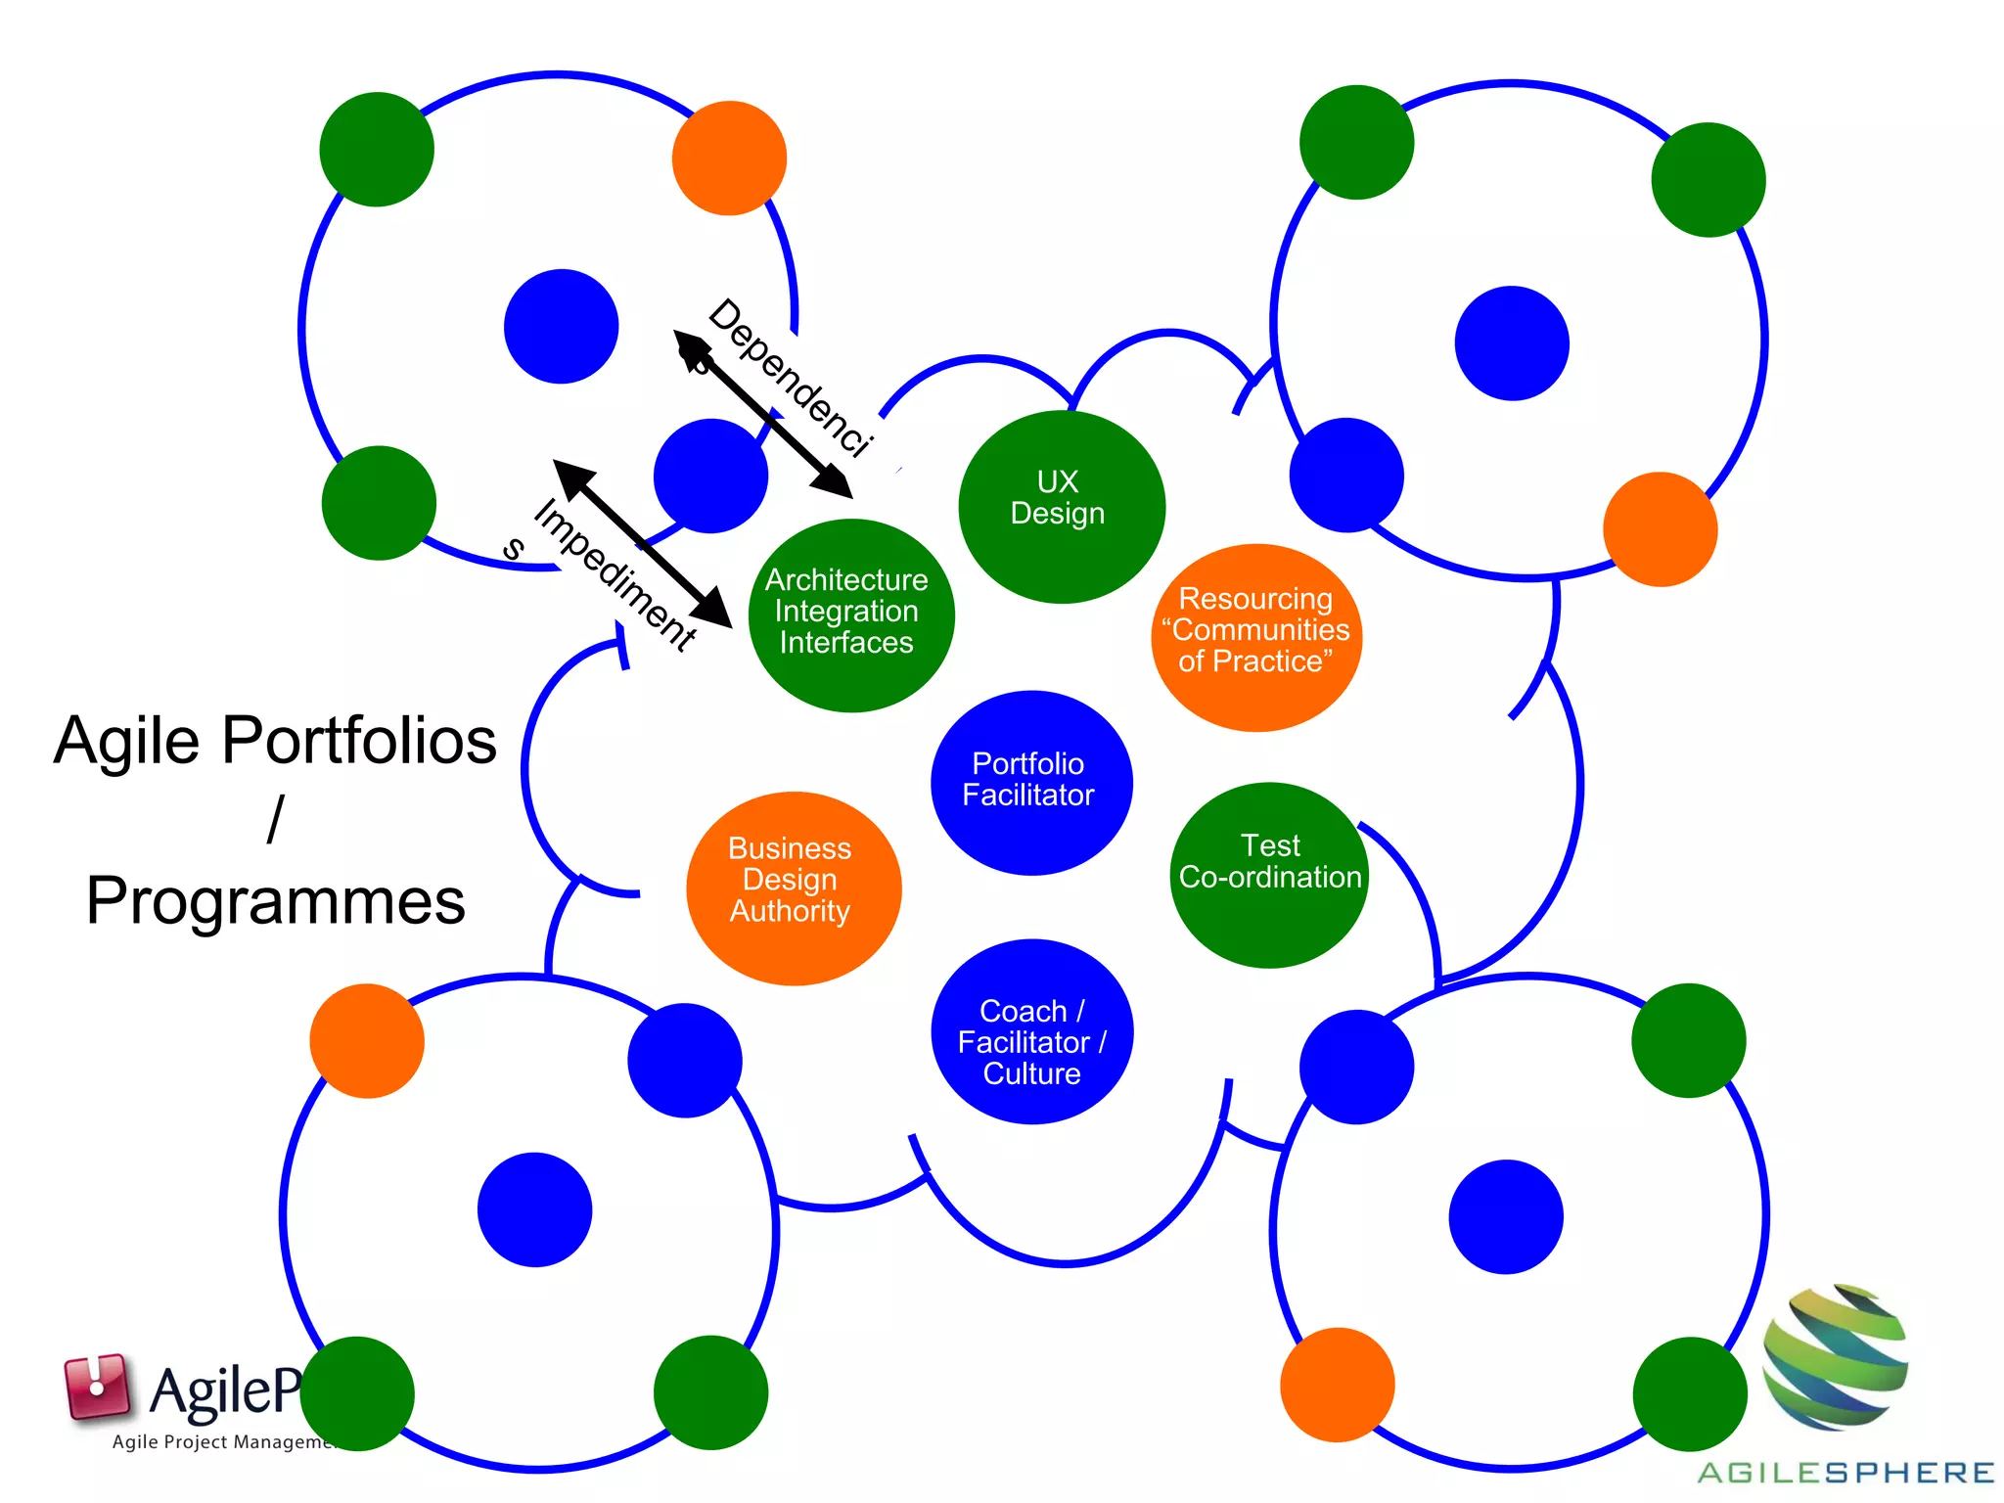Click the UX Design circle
click(1061, 506)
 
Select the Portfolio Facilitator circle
click(1030, 782)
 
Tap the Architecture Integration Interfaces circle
click(849, 614)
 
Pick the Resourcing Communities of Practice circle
click(1256, 636)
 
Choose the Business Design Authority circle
click(793, 887)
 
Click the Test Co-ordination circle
click(1269, 874)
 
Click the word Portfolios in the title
click(359, 741)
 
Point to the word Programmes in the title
click(276, 900)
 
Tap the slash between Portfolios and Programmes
click(276, 819)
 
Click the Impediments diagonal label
click(615, 573)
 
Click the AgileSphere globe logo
click(1835, 1356)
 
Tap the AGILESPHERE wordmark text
click(1845, 1473)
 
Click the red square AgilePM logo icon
click(96, 1387)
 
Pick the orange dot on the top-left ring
click(729, 158)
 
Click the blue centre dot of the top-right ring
click(1512, 342)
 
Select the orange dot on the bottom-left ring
click(367, 1040)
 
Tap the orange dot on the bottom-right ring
click(1337, 1384)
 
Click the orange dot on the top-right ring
click(1660, 529)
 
